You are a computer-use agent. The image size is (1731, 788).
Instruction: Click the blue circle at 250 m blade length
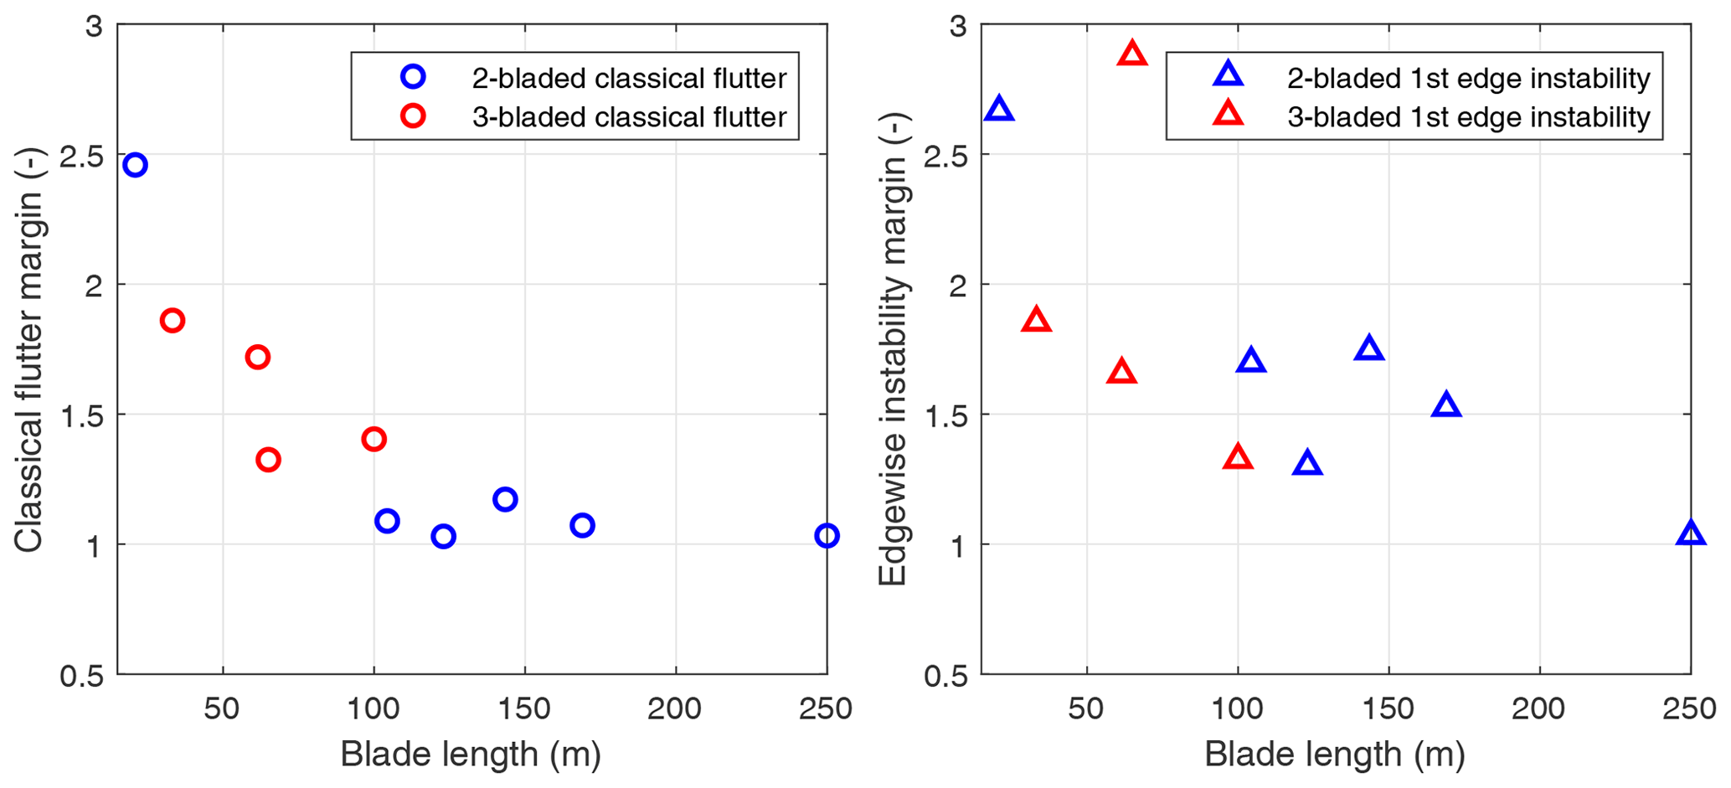pyautogui.click(x=826, y=536)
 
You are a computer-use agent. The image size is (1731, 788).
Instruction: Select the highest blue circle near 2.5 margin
pyautogui.click(x=135, y=165)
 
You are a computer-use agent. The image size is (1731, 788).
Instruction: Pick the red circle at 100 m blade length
pyautogui.click(x=374, y=439)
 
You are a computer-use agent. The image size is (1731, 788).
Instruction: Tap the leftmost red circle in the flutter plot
pyautogui.click(x=173, y=320)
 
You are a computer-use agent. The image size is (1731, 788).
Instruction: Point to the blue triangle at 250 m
pyautogui.click(x=1690, y=533)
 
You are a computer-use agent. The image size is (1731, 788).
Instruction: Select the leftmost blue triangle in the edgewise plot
pyautogui.click(x=999, y=110)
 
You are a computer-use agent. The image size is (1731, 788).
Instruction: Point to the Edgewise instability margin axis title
pyautogui.click(x=893, y=350)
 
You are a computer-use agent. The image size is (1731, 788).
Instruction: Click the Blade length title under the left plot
pyautogui.click(x=471, y=755)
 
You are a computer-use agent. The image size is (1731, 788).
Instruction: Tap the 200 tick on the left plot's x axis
pyautogui.click(x=675, y=709)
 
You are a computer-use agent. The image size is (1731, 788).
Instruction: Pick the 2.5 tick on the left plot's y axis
pyautogui.click(x=81, y=155)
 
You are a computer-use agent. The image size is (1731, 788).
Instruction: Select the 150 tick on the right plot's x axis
pyautogui.click(x=1388, y=709)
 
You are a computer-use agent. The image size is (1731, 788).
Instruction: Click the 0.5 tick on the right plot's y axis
pyautogui.click(x=945, y=675)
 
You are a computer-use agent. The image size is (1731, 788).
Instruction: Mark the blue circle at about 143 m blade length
pyautogui.click(x=505, y=500)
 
